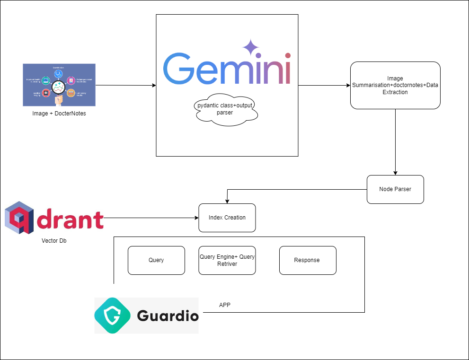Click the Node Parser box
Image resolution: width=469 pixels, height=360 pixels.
coord(395,189)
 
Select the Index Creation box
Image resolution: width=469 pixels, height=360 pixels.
coord(227,218)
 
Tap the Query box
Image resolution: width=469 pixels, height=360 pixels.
coord(156,260)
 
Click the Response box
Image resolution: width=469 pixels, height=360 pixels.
coord(308,260)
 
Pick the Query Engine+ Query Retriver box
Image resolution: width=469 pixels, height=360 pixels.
coord(227,260)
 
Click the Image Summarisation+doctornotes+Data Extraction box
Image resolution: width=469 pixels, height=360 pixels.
coord(395,85)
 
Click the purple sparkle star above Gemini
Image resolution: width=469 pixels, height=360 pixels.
coord(250,48)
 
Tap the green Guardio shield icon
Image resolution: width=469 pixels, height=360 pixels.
coord(113,316)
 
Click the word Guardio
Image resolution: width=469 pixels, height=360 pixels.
coord(168,316)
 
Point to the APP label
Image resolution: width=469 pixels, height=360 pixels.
coord(225,305)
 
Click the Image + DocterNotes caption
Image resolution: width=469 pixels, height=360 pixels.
coord(59,114)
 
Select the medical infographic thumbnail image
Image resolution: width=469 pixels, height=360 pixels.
coord(59,85)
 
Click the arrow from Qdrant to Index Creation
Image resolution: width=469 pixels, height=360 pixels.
coord(151,218)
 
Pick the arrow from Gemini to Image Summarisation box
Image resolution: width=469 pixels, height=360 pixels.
coord(324,86)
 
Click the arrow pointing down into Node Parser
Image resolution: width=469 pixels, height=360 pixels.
coord(396,142)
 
